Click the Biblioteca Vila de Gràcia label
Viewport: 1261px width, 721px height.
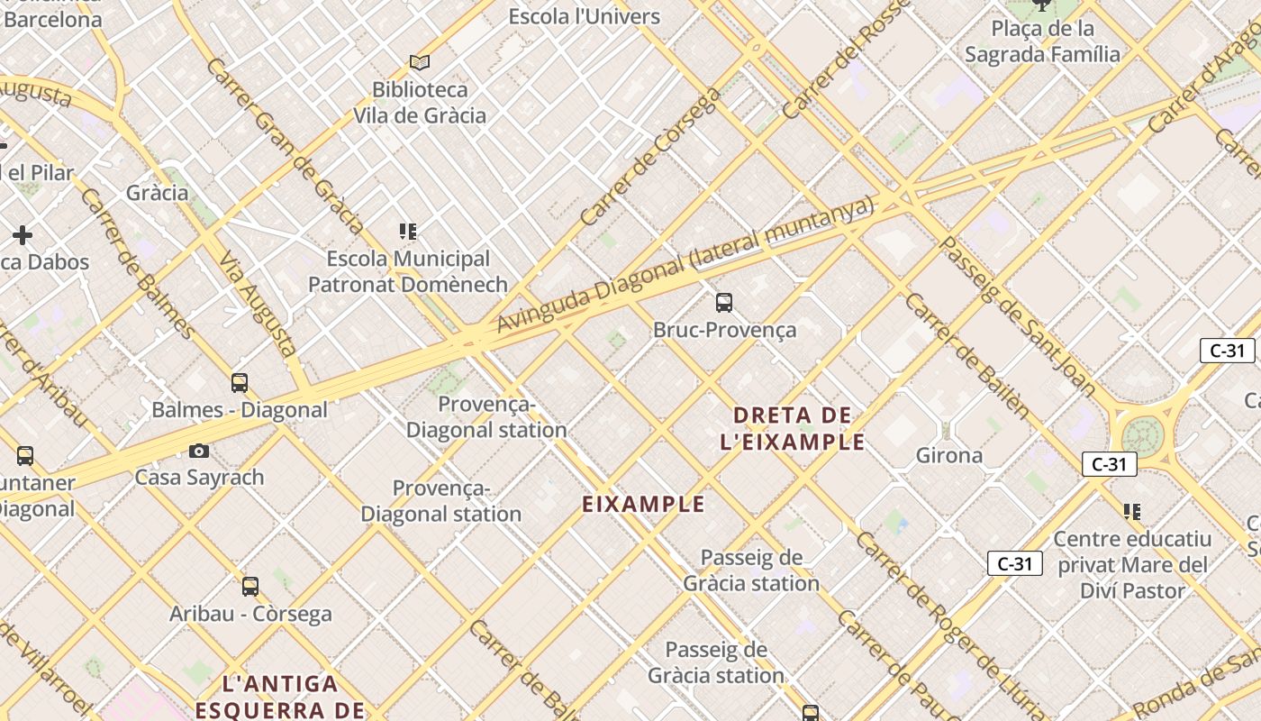tap(420, 103)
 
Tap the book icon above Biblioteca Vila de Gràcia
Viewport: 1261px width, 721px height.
tap(420, 62)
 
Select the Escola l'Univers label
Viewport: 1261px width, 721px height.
tap(585, 16)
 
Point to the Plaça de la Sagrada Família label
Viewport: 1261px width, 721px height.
tap(1043, 41)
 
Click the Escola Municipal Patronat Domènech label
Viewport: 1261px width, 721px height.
tap(408, 271)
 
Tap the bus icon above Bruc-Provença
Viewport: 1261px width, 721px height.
tap(724, 302)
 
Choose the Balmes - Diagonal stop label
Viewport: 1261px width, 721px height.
tap(240, 410)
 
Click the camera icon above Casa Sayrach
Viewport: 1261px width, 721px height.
tap(199, 451)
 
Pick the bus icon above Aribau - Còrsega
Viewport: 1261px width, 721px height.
tap(250, 587)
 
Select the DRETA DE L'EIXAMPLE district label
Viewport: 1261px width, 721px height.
tap(793, 428)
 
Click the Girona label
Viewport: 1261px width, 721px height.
tap(949, 455)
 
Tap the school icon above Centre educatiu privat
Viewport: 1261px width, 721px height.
tap(1132, 512)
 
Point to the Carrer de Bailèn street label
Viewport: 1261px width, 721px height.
tap(967, 356)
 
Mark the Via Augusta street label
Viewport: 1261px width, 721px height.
tap(259, 302)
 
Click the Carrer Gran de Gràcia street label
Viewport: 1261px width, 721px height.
tap(284, 144)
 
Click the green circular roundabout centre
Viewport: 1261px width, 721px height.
tap(1142, 437)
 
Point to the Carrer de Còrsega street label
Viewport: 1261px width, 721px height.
tap(650, 156)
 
